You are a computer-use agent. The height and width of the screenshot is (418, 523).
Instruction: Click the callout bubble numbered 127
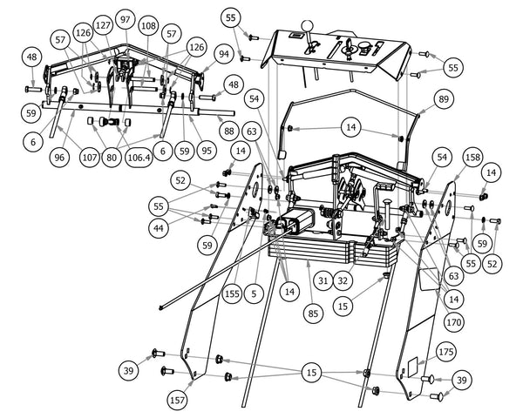[x=104, y=25]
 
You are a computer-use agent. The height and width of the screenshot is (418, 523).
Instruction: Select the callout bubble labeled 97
[x=126, y=19]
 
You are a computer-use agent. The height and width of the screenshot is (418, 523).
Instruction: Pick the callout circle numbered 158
[x=472, y=158]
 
